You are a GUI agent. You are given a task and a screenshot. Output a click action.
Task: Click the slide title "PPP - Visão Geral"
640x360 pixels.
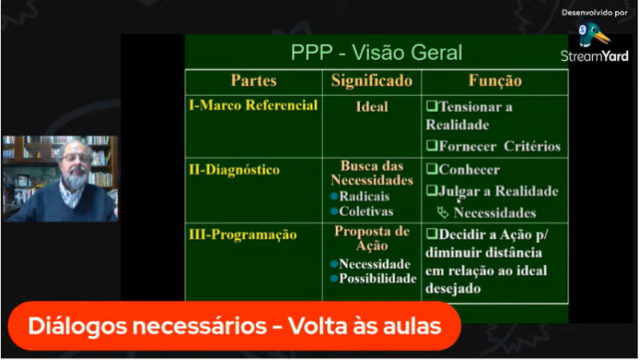click(x=376, y=53)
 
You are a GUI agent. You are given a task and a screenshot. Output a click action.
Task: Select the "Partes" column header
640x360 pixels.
click(x=254, y=81)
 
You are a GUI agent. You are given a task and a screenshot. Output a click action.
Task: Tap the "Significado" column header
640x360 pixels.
click(x=371, y=82)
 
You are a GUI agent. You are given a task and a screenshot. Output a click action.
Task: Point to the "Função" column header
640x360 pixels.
click(x=494, y=82)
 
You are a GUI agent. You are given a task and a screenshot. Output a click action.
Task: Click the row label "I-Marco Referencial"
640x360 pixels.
click(x=253, y=106)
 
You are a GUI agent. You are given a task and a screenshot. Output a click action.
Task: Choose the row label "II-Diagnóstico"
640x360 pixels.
click(x=234, y=170)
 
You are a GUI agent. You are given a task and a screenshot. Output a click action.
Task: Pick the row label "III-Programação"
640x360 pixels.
click(x=242, y=234)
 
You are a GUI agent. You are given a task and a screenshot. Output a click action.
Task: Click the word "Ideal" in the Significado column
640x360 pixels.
click(x=372, y=107)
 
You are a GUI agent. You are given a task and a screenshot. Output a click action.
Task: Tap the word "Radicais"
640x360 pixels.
click(x=364, y=196)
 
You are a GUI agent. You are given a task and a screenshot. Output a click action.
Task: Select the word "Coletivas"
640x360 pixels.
click(x=366, y=211)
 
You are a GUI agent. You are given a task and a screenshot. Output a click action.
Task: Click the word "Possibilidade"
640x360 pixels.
click(x=378, y=278)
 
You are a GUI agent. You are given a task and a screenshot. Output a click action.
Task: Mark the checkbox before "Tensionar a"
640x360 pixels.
click(x=432, y=106)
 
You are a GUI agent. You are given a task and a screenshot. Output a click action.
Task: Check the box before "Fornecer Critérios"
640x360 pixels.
click(x=432, y=146)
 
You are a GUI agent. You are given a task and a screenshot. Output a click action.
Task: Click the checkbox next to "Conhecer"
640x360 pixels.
click(x=432, y=169)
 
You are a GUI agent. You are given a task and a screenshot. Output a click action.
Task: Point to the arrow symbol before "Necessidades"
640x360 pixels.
click(x=443, y=212)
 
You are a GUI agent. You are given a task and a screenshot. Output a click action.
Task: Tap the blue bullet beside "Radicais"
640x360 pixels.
click(x=334, y=197)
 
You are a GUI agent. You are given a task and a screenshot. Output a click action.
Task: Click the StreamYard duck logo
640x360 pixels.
click(x=594, y=35)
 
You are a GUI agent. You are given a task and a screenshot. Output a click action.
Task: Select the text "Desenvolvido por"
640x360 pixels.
click(x=594, y=13)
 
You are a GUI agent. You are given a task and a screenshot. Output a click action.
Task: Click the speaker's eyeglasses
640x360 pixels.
click(x=75, y=157)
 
